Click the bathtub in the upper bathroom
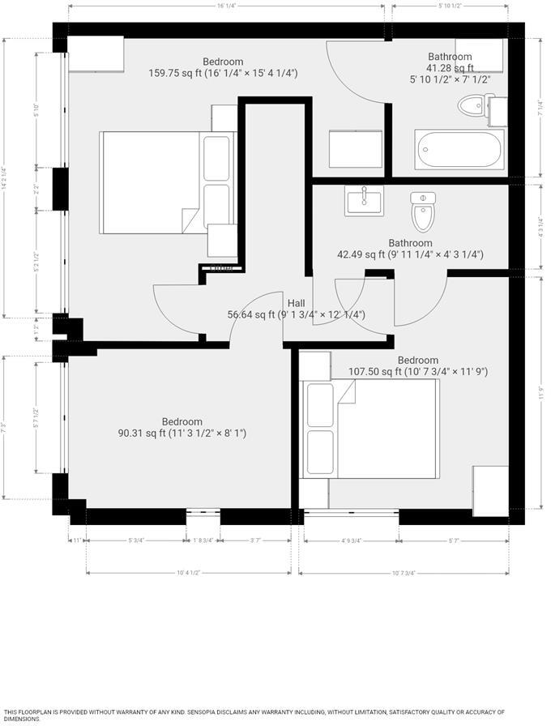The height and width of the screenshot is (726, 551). tap(459, 149)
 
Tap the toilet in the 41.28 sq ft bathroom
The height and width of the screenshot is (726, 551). tap(477, 107)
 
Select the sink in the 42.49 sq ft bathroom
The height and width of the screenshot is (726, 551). tap(365, 200)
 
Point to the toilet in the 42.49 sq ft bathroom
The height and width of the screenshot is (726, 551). tap(423, 212)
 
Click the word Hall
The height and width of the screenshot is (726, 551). tap(297, 303)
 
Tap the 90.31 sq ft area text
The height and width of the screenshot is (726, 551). tap(182, 433)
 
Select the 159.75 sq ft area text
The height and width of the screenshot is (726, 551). tap(223, 73)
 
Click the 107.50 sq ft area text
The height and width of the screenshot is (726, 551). tap(417, 372)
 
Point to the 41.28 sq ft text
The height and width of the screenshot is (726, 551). tap(450, 68)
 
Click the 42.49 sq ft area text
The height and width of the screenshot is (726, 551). tap(410, 254)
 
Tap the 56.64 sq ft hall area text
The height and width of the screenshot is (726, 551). tap(297, 314)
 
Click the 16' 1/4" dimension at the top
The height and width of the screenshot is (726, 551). tap(226, 6)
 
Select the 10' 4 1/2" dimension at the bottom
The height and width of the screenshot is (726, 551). tap(188, 574)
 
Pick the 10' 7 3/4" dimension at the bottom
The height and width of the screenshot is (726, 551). tap(404, 574)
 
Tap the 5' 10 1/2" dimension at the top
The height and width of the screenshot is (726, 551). tap(450, 6)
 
